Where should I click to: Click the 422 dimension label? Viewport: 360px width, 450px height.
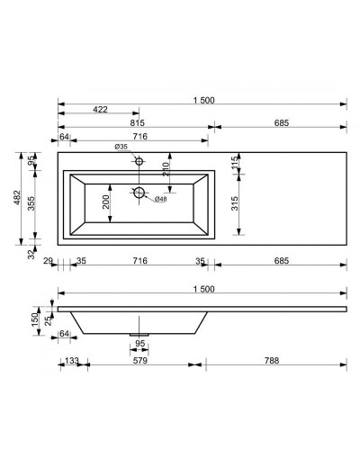[x=100, y=110]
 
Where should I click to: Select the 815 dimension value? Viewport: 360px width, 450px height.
[x=138, y=123]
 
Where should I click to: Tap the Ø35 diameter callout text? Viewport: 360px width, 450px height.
[x=121, y=147]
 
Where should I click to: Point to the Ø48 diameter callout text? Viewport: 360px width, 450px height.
[x=160, y=199]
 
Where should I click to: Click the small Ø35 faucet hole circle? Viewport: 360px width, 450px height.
[x=139, y=161]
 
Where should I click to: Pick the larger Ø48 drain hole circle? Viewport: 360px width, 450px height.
[x=139, y=193]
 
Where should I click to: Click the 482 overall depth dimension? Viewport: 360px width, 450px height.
[x=17, y=197]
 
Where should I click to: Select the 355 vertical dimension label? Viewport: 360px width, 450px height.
[x=31, y=203]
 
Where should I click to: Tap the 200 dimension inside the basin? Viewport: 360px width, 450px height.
[x=106, y=202]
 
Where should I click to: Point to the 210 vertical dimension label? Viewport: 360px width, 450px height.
[x=166, y=169]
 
